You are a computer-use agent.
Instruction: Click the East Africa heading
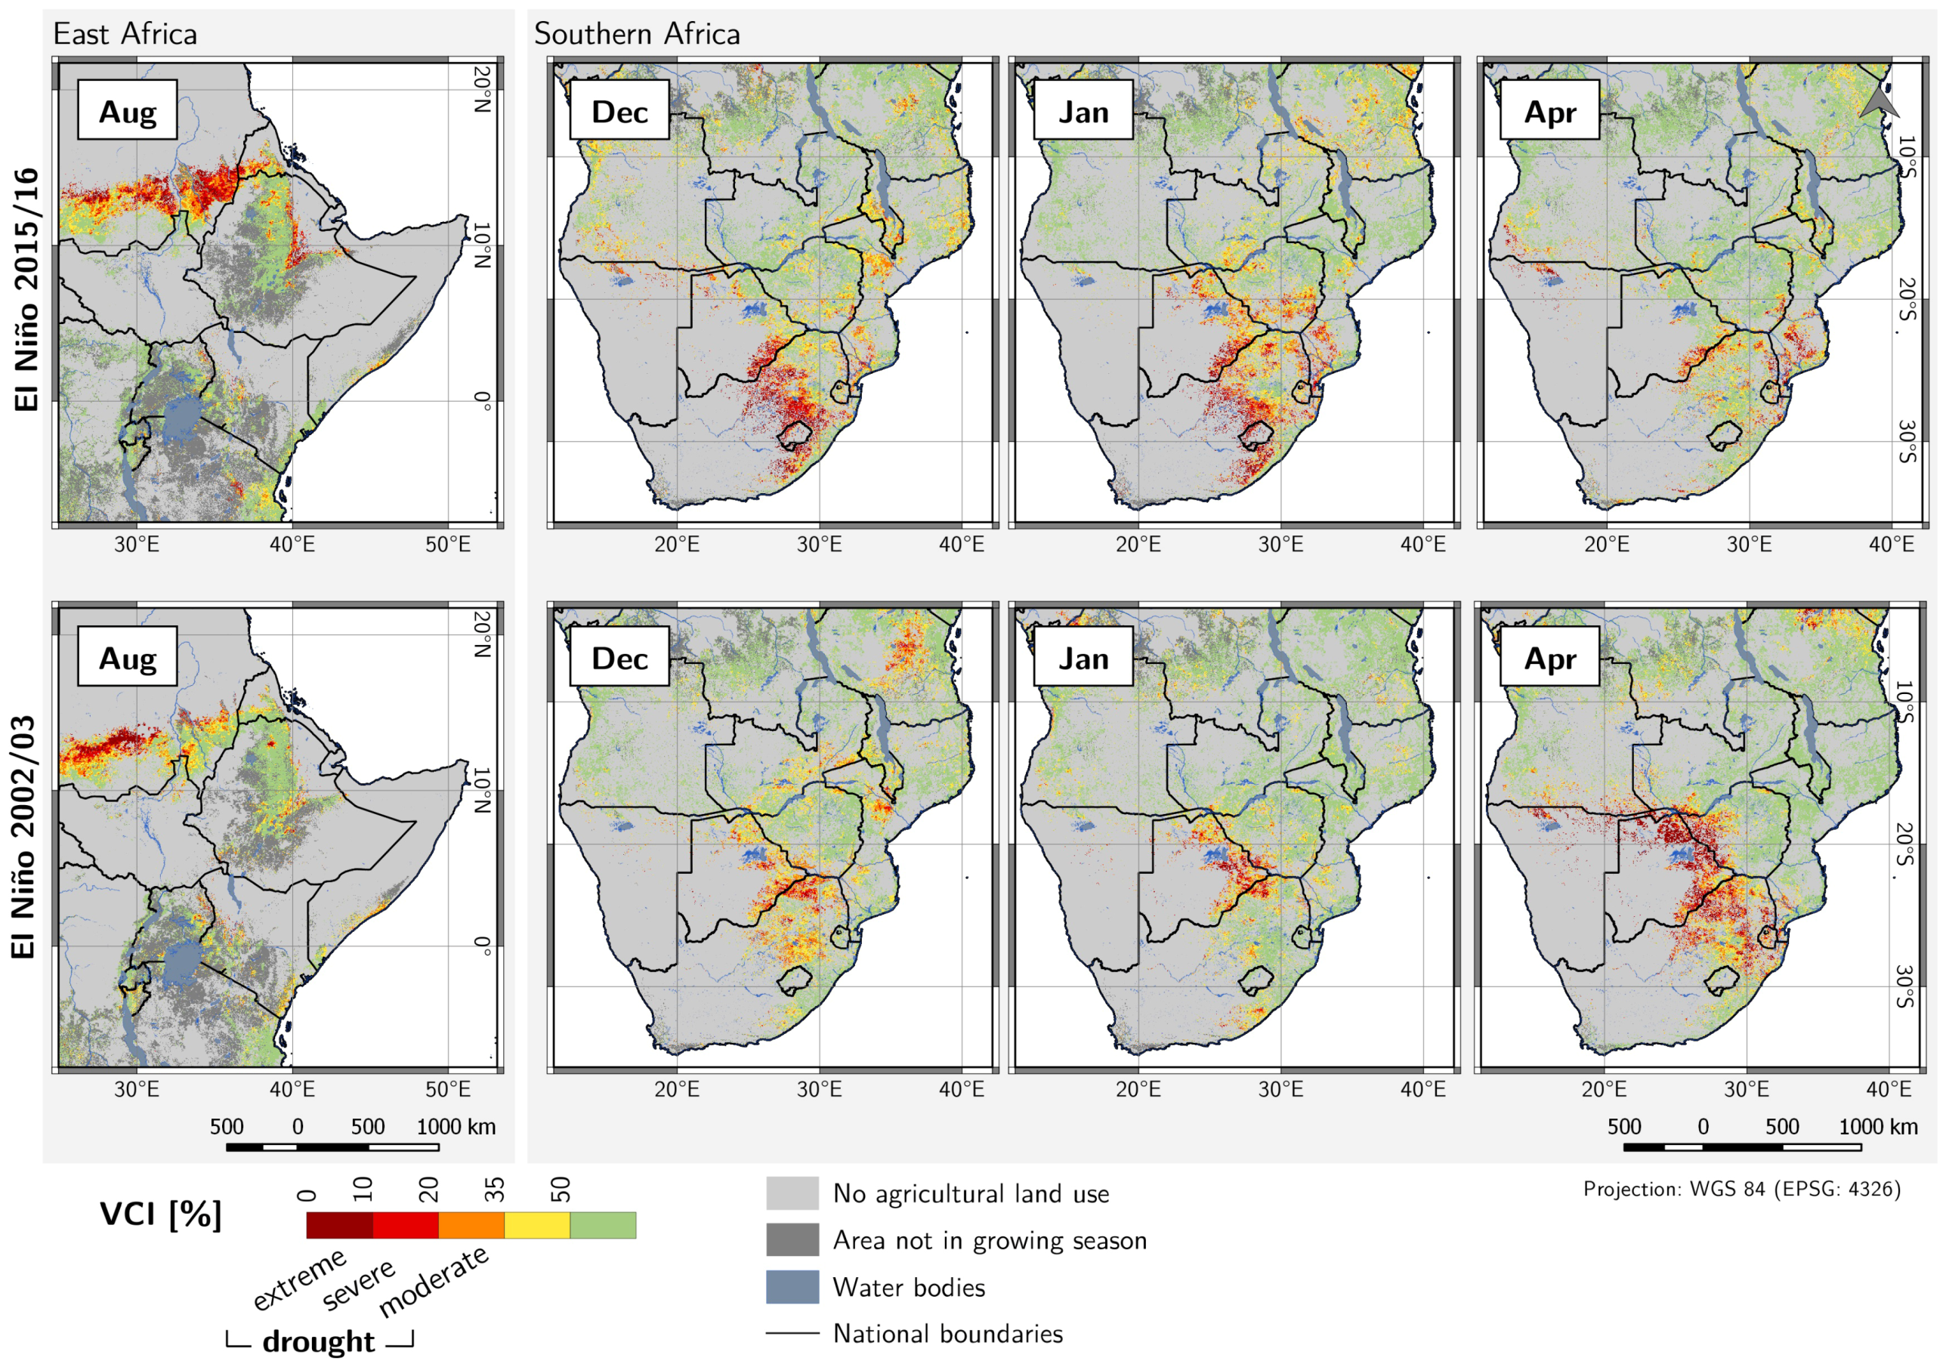(125, 34)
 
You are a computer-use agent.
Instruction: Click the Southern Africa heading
(637, 34)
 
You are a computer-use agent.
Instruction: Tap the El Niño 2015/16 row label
(26, 289)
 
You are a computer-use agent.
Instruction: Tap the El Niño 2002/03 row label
(23, 837)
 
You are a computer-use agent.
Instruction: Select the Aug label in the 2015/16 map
(127, 111)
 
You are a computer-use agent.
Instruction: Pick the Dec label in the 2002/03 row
(619, 658)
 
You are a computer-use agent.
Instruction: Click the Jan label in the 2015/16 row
(1083, 111)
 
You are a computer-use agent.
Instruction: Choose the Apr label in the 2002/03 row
(1549, 658)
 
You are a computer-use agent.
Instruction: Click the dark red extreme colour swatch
(339, 1224)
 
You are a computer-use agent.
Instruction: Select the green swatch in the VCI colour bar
(603, 1224)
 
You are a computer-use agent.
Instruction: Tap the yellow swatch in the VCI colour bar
(536, 1224)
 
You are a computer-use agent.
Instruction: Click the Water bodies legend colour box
(792, 1285)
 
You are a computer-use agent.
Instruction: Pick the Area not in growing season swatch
(792, 1239)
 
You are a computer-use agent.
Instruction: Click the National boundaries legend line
(792, 1332)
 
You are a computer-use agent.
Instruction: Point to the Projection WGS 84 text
(1741, 1188)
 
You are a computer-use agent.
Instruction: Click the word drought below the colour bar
(318, 1341)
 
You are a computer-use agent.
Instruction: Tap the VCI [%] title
(160, 1214)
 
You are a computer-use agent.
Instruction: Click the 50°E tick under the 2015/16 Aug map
(447, 543)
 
